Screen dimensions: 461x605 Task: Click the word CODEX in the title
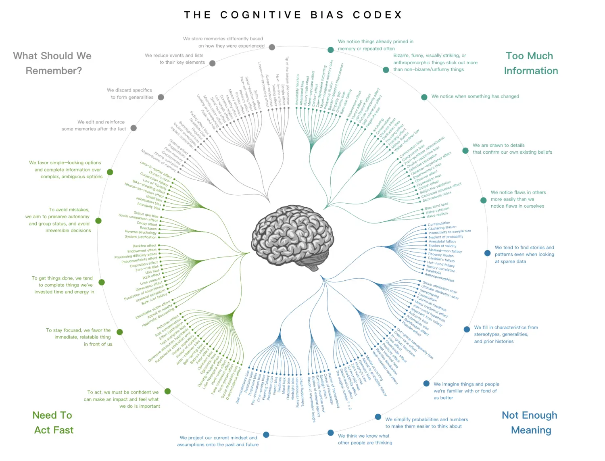pos(378,15)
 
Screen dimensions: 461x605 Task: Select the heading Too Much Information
pos(530,63)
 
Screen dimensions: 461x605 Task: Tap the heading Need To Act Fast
pos(53,423)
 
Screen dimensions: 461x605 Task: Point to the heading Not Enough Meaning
pos(530,423)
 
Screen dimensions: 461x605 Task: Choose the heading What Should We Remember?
pos(52,63)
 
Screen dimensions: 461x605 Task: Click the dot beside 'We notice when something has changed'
pos(424,97)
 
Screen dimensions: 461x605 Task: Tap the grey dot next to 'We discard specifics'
pos(161,97)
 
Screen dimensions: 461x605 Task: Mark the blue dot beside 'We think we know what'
pos(331,433)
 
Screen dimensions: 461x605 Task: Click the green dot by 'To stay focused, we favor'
pos(120,332)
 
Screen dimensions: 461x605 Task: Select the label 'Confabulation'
pos(439,223)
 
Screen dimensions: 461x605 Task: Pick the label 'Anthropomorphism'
pos(439,277)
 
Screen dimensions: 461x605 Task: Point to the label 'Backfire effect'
pos(144,246)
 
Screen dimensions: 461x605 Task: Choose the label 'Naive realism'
pos(437,215)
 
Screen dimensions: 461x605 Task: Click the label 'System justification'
pos(140,237)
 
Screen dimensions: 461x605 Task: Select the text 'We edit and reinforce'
pos(101,122)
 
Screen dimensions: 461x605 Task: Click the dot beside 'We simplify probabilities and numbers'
pos(378,417)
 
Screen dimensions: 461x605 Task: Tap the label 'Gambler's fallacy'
pos(441,259)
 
